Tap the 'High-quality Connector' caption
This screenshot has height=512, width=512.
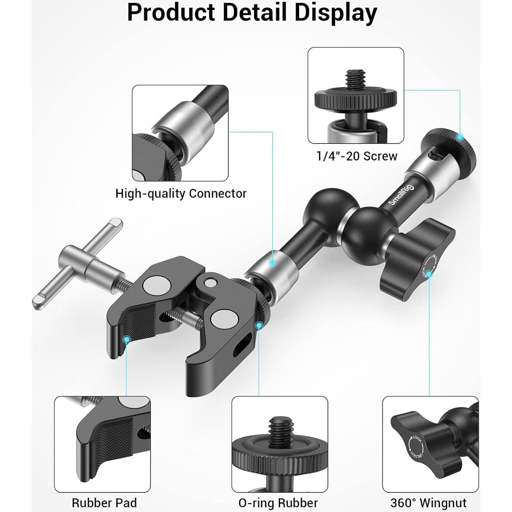click(181, 193)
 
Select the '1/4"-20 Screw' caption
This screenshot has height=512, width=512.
click(357, 156)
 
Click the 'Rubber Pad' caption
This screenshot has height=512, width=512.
click(104, 502)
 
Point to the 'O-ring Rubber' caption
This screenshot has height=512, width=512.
click(278, 502)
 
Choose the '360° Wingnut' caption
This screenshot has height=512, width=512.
click(428, 502)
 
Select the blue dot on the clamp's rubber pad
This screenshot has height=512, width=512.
click(127, 338)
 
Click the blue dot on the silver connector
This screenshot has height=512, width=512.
click(272, 263)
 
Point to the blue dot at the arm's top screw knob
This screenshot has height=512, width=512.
click(460, 137)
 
